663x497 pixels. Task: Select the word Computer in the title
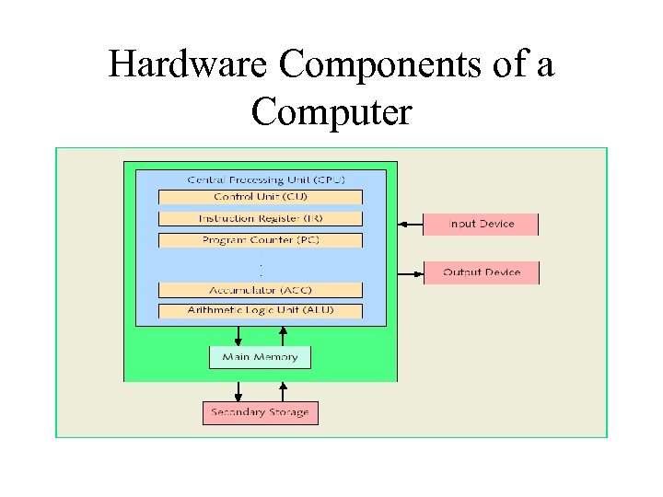[x=331, y=112]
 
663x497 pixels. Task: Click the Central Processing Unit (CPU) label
[x=260, y=179]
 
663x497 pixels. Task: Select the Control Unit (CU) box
[x=260, y=197]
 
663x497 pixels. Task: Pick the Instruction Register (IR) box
[x=260, y=218]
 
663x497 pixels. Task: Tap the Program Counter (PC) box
[x=260, y=240]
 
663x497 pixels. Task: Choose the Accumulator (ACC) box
[x=260, y=290]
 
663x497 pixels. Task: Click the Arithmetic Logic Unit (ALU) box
[x=260, y=311]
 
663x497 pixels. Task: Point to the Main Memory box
[x=260, y=357]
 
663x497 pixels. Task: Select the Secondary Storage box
[x=260, y=412]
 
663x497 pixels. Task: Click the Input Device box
[x=481, y=224]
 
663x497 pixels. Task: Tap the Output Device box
[x=481, y=272]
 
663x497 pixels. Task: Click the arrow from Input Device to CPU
[x=410, y=224]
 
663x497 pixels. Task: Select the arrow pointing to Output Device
[x=410, y=272]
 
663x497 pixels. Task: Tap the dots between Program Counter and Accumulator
[x=261, y=265]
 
